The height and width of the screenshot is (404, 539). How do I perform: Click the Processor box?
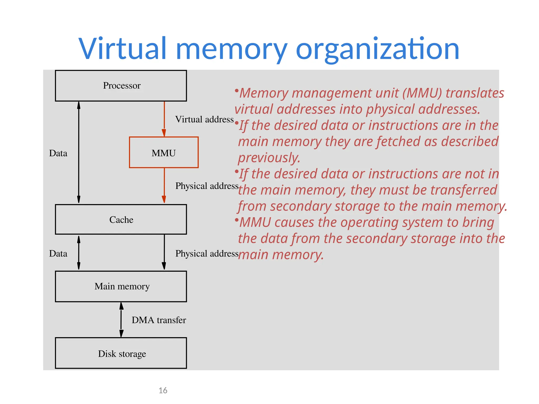click(121, 86)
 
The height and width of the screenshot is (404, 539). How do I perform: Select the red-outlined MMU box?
click(164, 153)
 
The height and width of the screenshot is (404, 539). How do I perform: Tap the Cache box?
click(121, 219)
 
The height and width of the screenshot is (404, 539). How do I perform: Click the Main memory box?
click(121, 286)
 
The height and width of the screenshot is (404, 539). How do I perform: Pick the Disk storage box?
click(121, 353)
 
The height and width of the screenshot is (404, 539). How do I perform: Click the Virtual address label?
click(204, 119)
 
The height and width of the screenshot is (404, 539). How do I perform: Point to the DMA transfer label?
click(159, 320)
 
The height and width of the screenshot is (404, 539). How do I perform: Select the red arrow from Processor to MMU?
click(164, 118)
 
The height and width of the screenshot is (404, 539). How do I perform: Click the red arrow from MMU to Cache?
click(164, 185)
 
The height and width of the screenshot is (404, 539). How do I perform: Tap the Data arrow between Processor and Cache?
click(79, 153)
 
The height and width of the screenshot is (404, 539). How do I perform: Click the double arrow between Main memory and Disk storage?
click(121, 320)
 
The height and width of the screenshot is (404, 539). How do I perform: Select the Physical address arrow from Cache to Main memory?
click(164, 252)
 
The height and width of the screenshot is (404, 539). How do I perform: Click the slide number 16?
click(163, 390)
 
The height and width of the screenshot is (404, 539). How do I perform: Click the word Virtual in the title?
click(123, 49)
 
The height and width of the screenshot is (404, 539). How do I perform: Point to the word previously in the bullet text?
click(269, 158)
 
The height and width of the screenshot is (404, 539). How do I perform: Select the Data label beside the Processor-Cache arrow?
click(58, 153)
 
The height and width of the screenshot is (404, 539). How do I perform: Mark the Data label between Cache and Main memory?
click(58, 254)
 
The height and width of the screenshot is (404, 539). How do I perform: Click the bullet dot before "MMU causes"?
click(237, 219)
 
